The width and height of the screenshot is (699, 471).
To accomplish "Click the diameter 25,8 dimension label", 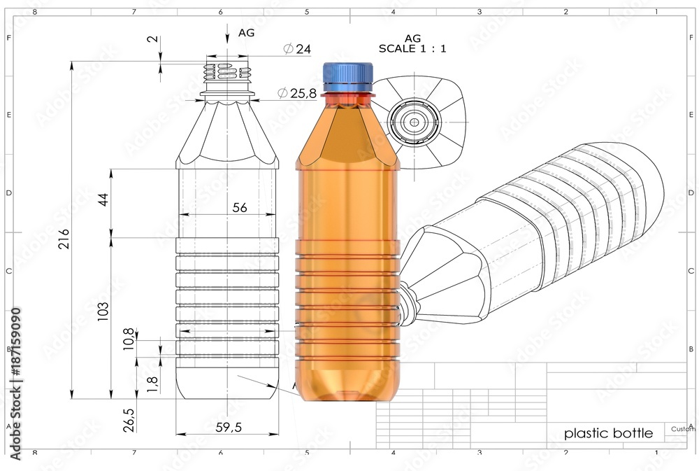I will tap(297, 93).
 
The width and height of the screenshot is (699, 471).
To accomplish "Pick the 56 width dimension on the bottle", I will tap(240, 208).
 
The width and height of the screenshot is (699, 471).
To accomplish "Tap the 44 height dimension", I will tap(103, 199).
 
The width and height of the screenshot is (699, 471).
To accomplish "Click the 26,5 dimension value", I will tap(129, 420).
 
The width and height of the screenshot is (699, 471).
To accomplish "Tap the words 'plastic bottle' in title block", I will tap(608, 433).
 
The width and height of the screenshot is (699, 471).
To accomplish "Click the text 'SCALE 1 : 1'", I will tap(412, 49).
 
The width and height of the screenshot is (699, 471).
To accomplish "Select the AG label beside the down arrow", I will tap(246, 32).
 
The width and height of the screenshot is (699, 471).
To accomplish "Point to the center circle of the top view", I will tap(414, 122).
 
